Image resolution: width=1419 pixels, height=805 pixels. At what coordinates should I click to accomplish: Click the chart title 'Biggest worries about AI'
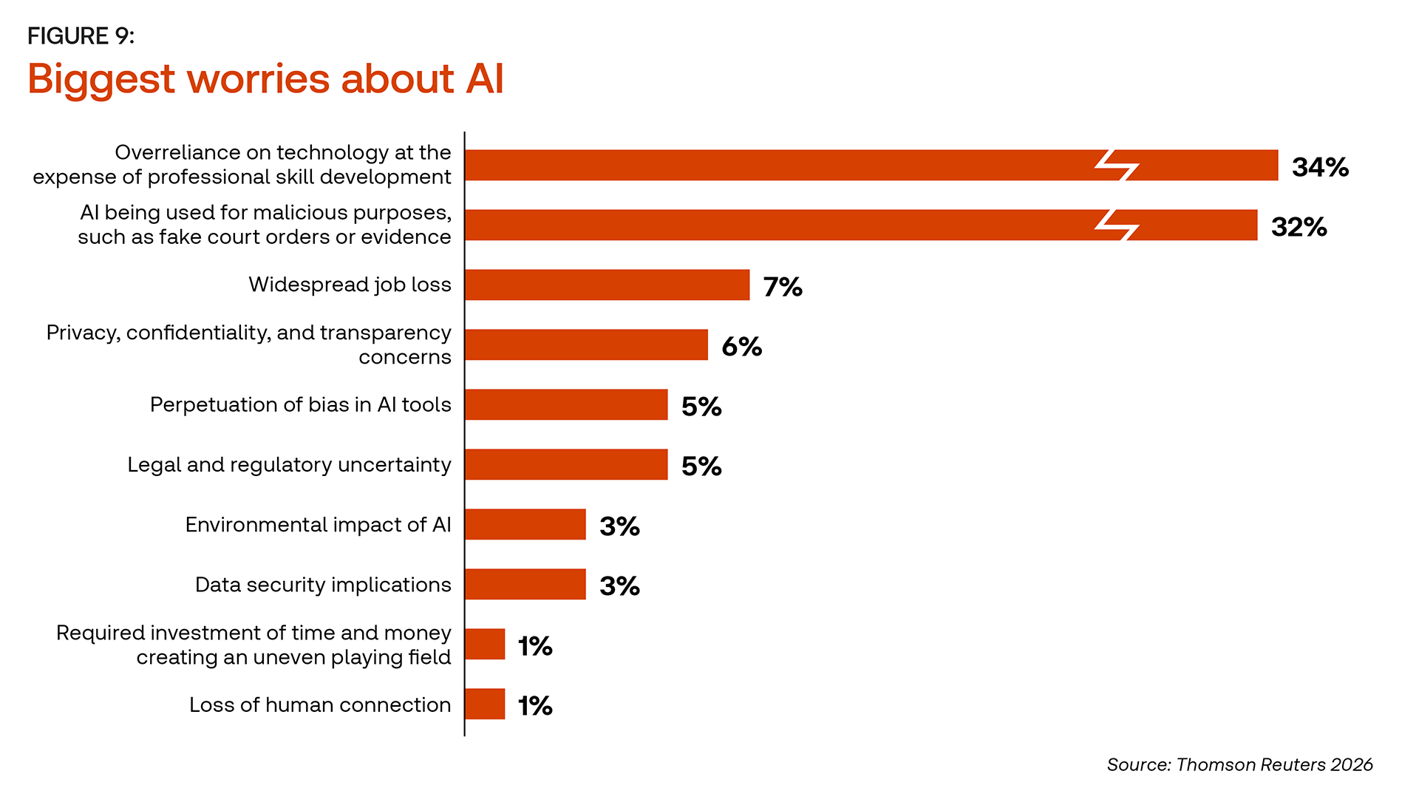tap(265, 78)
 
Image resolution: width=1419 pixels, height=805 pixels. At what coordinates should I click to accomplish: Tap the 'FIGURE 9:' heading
tap(81, 36)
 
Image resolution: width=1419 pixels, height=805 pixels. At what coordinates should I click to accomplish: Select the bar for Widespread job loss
tap(608, 285)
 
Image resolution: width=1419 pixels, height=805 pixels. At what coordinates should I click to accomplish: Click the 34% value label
tap(1320, 167)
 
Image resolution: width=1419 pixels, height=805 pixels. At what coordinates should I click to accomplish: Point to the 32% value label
tap(1299, 227)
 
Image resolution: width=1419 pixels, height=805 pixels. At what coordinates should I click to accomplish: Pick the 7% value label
tap(783, 287)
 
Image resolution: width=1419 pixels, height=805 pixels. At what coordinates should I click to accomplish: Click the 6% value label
tap(742, 347)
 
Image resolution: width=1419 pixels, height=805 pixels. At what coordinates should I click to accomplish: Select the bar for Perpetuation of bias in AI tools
tap(567, 404)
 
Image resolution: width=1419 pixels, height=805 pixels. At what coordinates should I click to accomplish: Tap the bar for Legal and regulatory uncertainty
tap(567, 464)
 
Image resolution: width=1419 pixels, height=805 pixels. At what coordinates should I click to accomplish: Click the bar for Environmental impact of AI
tap(525, 524)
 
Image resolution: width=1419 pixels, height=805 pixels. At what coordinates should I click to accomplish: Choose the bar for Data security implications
tap(525, 584)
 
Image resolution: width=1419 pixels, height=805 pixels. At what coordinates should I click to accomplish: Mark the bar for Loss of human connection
tap(486, 704)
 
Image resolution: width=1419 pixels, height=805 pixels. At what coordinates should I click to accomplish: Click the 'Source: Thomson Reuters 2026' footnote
tap(1239, 764)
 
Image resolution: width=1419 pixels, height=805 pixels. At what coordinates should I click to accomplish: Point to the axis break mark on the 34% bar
tap(1117, 166)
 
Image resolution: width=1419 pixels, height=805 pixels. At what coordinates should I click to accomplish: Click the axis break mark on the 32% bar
tap(1117, 225)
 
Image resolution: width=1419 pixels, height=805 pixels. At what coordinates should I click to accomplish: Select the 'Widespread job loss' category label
tap(350, 285)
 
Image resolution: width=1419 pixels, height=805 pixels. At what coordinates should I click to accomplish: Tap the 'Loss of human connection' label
tap(320, 704)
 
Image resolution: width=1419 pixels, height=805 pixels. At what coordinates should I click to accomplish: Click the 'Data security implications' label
tap(323, 585)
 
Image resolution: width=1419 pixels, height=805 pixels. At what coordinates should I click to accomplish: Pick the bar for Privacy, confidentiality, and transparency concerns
tap(587, 344)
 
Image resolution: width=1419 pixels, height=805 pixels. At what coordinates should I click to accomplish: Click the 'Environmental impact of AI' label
tap(318, 525)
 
